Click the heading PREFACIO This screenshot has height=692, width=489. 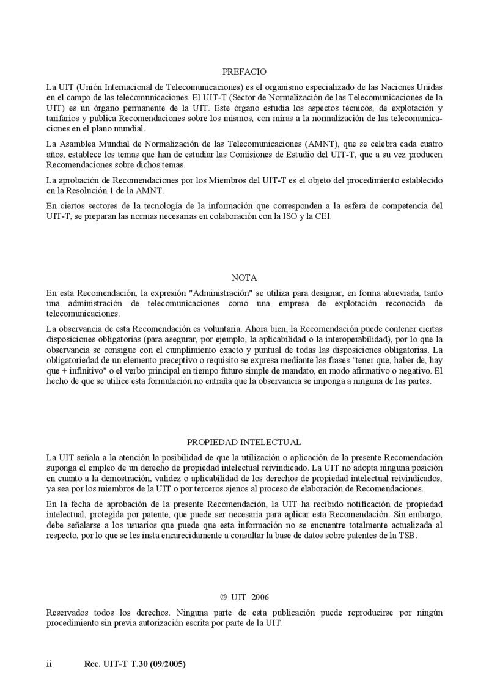click(x=244, y=72)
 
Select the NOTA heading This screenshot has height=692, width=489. click(x=244, y=277)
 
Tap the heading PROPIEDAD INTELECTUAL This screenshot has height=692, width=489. click(x=244, y=442)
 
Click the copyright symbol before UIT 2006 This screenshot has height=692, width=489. click(x=223, y=597)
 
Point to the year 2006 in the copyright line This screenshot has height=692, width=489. click(x=259, y=597)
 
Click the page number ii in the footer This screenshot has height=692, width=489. click(x=50, y=663)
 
